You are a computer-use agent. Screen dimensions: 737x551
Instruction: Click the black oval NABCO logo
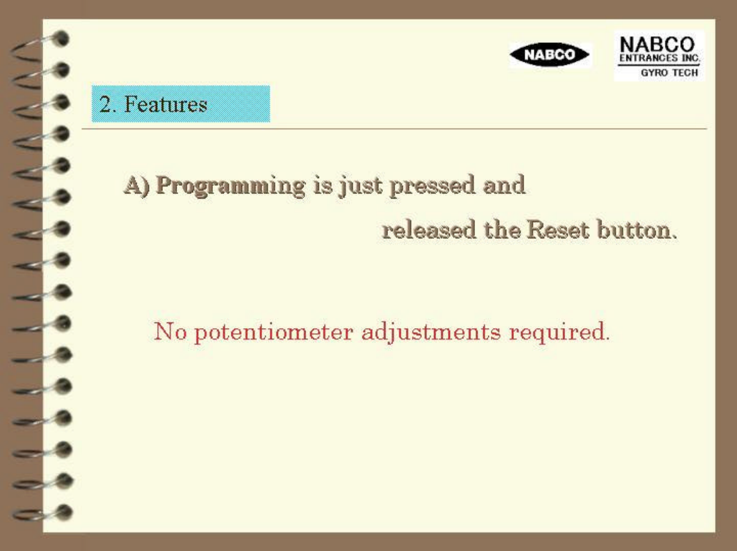(x=550, y=54)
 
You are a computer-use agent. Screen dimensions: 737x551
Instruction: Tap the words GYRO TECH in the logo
(x=669, y=73)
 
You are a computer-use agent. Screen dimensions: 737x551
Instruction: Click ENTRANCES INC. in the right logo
(x=660, y=58)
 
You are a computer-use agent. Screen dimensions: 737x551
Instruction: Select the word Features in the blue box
(x=166, y=103)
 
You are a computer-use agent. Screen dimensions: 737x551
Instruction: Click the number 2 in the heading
(x=105, y=104)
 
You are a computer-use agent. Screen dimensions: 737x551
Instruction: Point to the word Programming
(x=230, y=186)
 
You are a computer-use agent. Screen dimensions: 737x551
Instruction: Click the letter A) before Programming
(x=137, y=185)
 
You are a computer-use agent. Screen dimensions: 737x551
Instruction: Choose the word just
(x=361, y=186)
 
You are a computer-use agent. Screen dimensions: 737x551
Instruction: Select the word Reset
(x=557, y=230)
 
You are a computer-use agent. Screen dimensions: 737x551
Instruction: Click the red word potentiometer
(x=274, y=333)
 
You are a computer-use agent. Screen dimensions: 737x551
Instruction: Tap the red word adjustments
(x=431, y=333)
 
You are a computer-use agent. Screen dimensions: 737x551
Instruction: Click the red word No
(x=170, y=332)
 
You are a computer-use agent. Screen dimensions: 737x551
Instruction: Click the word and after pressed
(x=504, y=185)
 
